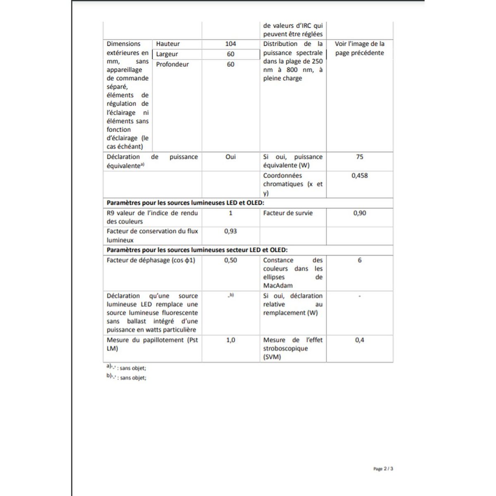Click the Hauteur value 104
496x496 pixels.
[231, 44]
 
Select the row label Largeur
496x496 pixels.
[167, 54]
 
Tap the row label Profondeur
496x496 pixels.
[172, 64]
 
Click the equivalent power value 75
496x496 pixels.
[360, 157]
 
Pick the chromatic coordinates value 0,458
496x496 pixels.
[360, 176]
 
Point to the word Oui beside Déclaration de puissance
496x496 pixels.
[231, 157]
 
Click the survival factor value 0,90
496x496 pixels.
[360, 213]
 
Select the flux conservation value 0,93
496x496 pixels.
[231, 231]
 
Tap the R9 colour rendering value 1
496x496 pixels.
[231, 213]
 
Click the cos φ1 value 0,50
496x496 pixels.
[231, 260]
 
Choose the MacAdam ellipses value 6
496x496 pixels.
[360, 260]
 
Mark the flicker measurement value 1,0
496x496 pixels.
[231, 340]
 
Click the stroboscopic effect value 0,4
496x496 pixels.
[360, 340]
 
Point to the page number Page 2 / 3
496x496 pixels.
[383, 469]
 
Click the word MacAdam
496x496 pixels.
[278, 286]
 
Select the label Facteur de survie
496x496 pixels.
[288, 213]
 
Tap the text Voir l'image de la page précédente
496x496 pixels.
[360, 48]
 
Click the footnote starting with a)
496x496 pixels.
[126, 367]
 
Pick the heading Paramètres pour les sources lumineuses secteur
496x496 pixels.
[197, 250]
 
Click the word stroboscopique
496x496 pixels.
[286, 348]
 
